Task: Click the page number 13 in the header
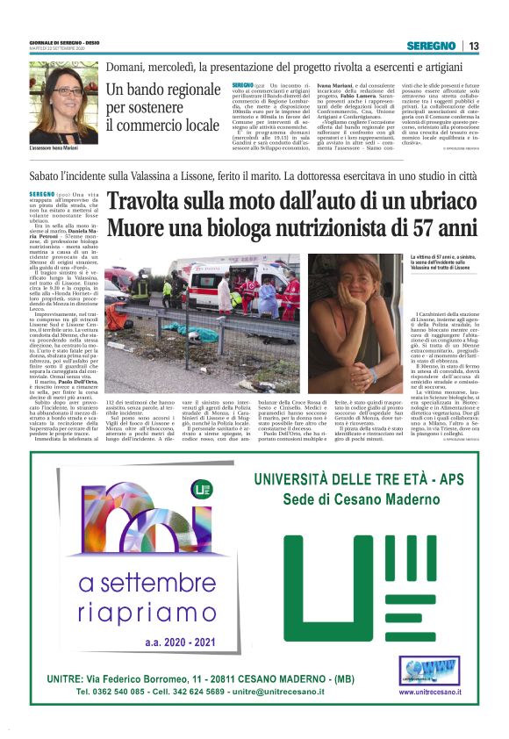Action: [x=473, y=46]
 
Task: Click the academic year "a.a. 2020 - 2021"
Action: [x=179, y=642]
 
